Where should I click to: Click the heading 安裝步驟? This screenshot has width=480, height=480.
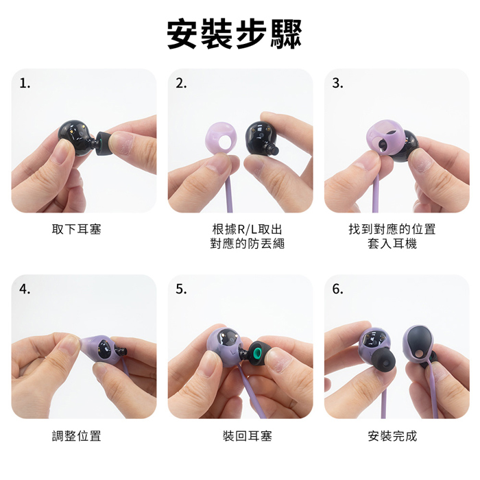click(235, 34)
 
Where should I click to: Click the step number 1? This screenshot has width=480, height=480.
click(25, 83)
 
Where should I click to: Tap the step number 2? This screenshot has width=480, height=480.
click(181, 83)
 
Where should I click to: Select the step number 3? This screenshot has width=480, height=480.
click(337, 83)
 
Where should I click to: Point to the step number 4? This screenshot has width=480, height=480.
click(25, 289)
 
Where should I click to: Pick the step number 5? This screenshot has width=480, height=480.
click(181, 289)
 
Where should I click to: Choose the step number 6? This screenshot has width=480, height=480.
click(337, 289)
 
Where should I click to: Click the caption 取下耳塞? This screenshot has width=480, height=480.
click(77, 229)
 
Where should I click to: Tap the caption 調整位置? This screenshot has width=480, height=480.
click(77, 435)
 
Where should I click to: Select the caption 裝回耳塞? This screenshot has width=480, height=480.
click(248, 435)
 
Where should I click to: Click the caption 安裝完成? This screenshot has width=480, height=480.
click(392, 435)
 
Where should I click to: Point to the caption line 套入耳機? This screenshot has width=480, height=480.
click(392, 243)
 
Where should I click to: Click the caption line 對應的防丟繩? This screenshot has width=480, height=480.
click(248, 243)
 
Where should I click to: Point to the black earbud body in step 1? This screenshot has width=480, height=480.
click(75, 138)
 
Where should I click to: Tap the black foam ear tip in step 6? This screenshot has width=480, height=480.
click(383, 363)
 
